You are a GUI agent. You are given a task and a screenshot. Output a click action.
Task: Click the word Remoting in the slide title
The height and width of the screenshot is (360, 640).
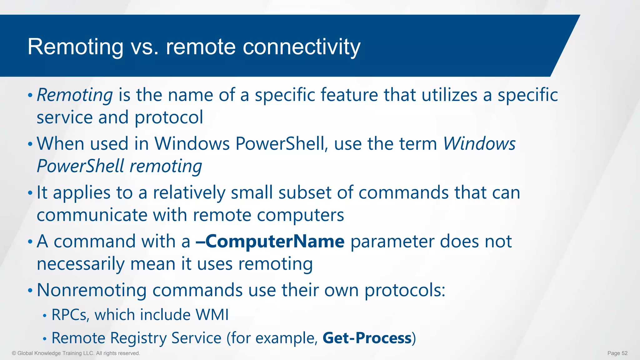(75, 47)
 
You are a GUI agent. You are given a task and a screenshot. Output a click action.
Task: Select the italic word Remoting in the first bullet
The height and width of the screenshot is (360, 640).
(75, 95)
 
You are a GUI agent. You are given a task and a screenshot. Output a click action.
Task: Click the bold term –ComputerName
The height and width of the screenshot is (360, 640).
(270, 242)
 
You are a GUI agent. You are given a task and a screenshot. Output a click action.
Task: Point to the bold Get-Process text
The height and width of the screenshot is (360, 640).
(367, 338)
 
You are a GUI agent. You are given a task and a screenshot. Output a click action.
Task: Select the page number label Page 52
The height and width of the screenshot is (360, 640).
(617, 353)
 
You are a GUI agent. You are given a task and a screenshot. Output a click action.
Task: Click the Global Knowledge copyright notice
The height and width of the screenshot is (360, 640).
(76, 353)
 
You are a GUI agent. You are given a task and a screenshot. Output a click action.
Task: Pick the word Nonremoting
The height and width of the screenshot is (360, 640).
(92, 290)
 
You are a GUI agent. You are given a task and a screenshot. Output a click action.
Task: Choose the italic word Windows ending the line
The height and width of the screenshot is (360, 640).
(479, 144)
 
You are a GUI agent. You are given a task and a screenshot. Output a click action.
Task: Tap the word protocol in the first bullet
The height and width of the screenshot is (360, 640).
(169, 117)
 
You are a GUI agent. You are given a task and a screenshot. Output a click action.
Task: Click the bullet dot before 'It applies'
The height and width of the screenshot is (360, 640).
(30, 193)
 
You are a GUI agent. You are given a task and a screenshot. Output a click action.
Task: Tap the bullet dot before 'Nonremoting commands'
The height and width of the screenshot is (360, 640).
(30, 291)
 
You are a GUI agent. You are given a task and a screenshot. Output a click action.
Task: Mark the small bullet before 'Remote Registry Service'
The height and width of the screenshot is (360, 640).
(45, 339)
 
